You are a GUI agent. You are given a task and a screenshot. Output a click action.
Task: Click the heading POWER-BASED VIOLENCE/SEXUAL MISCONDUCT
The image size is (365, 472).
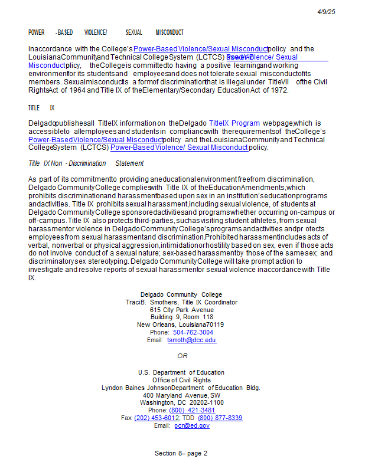[106, 32]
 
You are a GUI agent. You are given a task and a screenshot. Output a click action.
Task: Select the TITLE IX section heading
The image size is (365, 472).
[41, 108]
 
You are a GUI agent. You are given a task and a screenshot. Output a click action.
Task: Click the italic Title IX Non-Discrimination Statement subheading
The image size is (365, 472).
[86, 163]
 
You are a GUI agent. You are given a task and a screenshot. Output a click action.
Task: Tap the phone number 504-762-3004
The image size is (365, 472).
[193, 333]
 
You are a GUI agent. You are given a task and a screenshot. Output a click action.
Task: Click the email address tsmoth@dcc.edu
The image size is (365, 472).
[191, 340]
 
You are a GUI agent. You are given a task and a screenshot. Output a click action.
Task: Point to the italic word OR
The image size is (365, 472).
[182, 356]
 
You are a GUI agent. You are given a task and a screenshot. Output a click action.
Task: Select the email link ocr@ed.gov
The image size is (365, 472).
[191, 426]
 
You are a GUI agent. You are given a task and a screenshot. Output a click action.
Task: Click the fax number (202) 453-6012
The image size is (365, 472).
[156, 418]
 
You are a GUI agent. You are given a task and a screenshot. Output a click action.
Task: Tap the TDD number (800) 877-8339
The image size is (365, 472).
[220, 418]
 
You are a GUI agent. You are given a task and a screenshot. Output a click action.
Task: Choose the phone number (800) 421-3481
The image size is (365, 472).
[192, 411]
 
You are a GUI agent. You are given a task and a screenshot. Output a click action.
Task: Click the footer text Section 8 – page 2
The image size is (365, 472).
[181, 454]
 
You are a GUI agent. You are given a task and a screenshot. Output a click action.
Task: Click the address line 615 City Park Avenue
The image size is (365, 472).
[182, 310]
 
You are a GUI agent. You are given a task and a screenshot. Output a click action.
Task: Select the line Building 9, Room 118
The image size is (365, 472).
[182, 317]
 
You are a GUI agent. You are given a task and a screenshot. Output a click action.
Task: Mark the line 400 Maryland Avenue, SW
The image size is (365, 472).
[182, 395]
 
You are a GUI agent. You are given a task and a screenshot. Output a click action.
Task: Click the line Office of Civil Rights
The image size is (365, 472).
[182, 380]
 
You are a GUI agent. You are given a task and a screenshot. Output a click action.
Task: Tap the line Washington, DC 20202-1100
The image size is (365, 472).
[182, 403]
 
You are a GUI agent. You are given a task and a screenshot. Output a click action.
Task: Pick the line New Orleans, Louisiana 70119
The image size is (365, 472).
[181, 325]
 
